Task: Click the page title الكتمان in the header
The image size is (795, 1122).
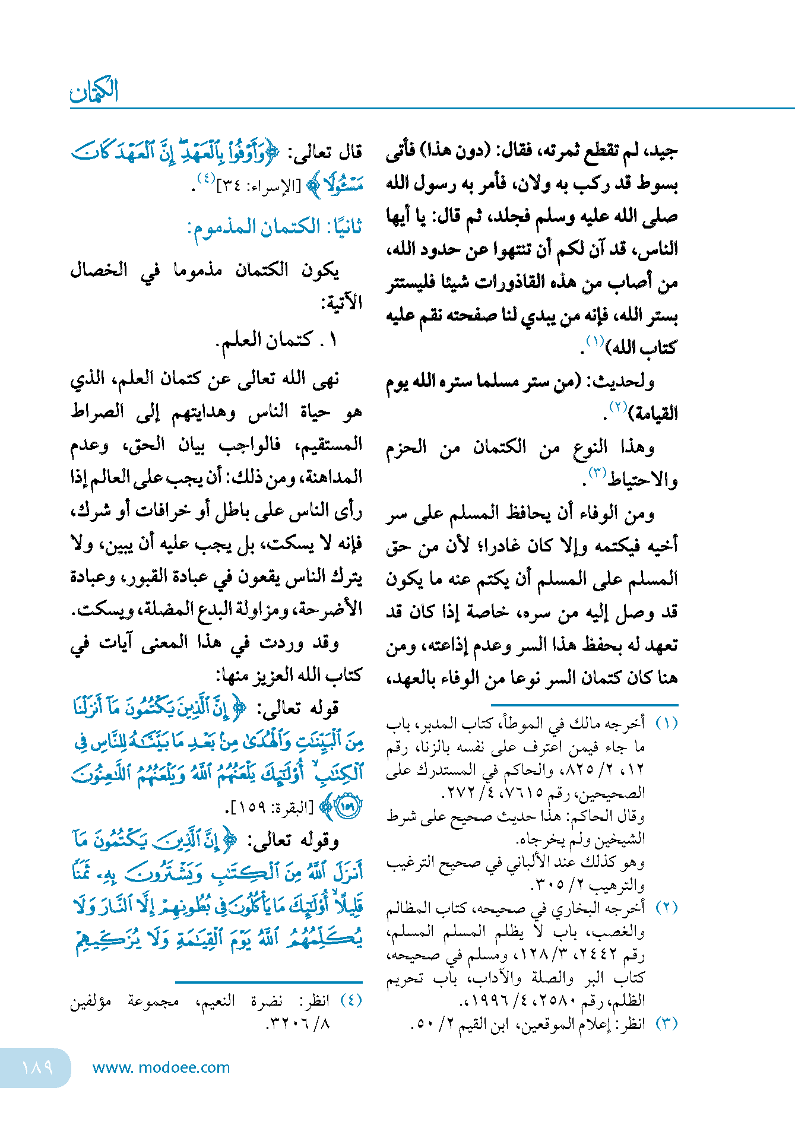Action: point(94,90)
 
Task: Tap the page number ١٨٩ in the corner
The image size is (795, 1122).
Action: point(37,1067)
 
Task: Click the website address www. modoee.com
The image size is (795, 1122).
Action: point(161,1067)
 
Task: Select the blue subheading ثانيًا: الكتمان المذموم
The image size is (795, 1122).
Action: point(275,227)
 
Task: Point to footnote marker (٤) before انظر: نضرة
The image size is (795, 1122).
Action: point(351,1000)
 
